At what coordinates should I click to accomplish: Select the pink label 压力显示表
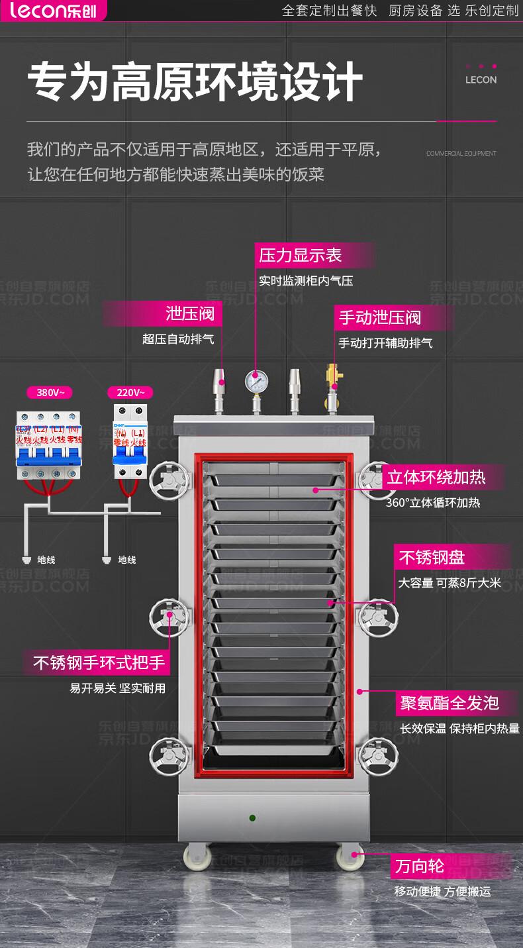[x=301, y=255]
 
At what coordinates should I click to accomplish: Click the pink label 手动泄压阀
[x=380, y=317]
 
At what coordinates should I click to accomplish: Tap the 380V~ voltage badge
[x=50, y=392]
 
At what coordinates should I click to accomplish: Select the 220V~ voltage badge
[x=130, y=392]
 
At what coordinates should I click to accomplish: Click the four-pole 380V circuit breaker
[x=48, y=444]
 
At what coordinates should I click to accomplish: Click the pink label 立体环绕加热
[x=436, y=476]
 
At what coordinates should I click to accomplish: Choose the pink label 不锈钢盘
[x=430, y=557]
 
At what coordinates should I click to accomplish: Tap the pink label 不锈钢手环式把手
[x=100, y=662]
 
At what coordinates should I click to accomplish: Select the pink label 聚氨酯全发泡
[x=449, y=703]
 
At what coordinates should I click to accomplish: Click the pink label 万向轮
[x=419, y=865]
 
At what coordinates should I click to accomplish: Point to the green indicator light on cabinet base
[x=252, y=818]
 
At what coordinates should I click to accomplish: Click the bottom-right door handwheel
[x=379, y=755]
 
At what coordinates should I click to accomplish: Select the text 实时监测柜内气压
[x=306, y=281]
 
